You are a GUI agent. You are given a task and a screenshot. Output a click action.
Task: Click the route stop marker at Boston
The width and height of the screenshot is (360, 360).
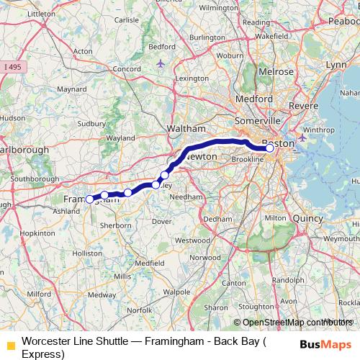(x=270, y=148)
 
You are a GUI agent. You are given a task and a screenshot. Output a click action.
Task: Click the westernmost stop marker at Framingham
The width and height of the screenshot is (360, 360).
(x=89, y=199)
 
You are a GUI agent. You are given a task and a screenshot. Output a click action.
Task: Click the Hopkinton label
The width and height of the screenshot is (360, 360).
(x=37, y=234)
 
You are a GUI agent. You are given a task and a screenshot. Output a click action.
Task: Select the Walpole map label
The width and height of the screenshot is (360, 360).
(x=176, y=293)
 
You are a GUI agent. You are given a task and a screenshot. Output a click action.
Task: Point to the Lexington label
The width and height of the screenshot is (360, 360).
(x=191, y=78)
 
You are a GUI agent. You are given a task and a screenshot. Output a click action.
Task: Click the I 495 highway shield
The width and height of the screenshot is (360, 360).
(x=12, y=67)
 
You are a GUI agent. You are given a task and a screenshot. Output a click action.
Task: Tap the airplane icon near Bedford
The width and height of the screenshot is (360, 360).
(x=160, y=63)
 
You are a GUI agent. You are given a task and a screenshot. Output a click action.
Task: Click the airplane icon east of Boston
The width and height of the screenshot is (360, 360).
(x=302, y=137)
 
